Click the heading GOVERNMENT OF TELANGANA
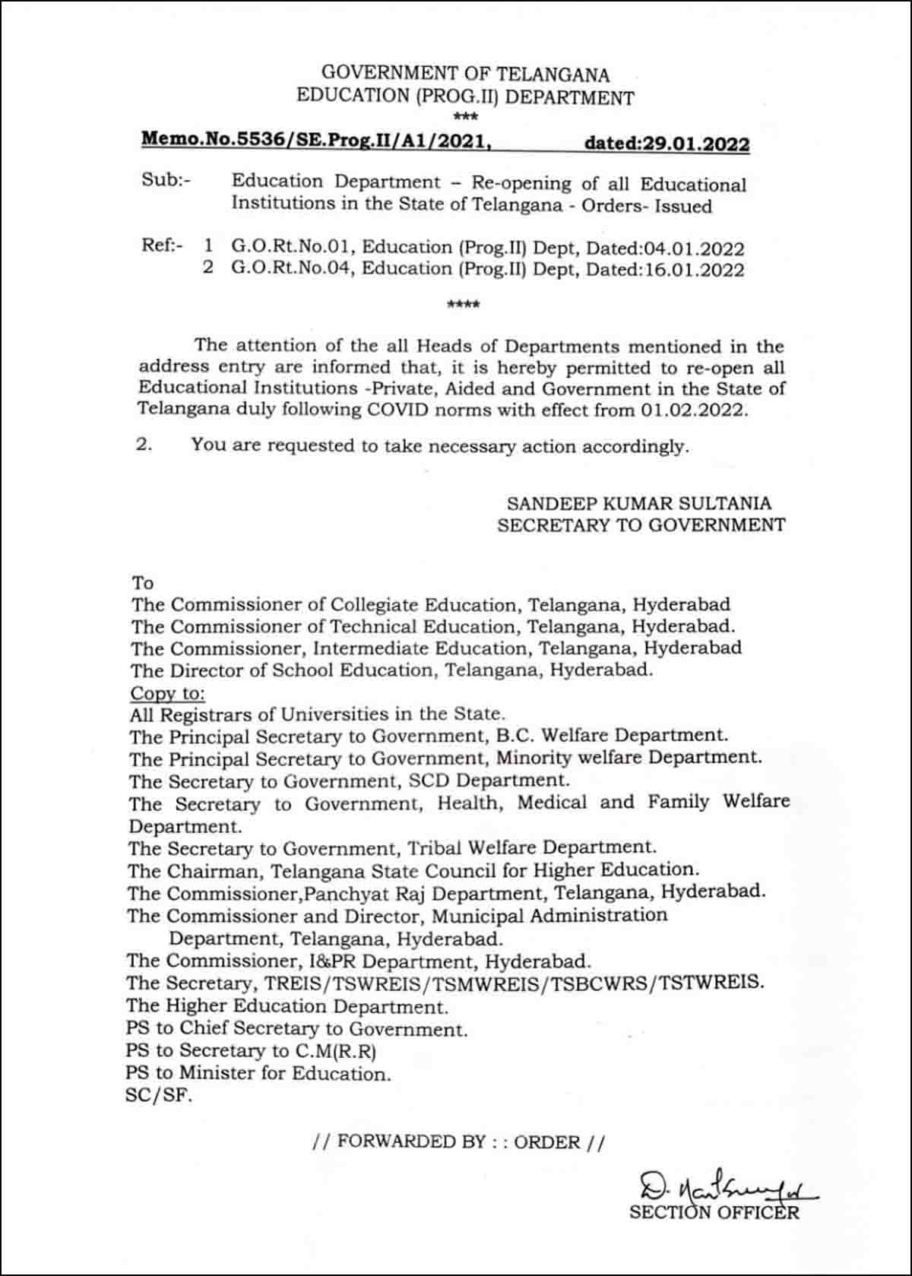tap(465, 74)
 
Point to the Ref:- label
tap(162, 246)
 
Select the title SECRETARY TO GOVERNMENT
tap(641, 524)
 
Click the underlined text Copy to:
tap(167, 693)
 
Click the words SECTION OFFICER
tap(714, 1212)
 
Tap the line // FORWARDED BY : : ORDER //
tap(458, 1141)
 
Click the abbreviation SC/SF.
tap(159, 1097)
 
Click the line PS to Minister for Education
tap(258, 1073)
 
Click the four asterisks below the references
tap(464, 306)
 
